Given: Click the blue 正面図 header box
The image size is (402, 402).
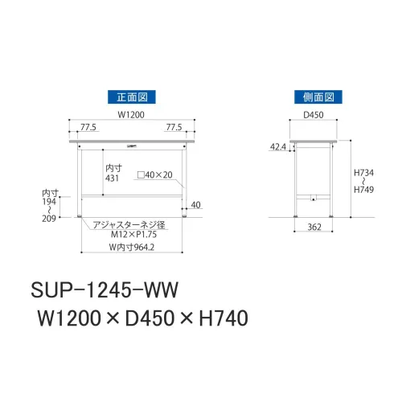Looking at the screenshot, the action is coord(132,97).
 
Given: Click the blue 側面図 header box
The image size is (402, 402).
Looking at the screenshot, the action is coord(318,97).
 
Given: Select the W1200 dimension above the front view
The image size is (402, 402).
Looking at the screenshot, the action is coord(131,115).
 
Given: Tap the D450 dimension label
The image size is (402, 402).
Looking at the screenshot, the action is coord(314,115).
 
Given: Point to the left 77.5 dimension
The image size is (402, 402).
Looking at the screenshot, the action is coord(88,127).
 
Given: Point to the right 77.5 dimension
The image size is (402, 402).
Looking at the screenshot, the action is coord(174,127).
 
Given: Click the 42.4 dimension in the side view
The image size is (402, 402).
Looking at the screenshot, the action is coord(278,146).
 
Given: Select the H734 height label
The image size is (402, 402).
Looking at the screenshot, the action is coord(363,173).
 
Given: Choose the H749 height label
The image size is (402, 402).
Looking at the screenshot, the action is coord(363,190).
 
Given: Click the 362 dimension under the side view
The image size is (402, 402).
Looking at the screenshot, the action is coord(314,228).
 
